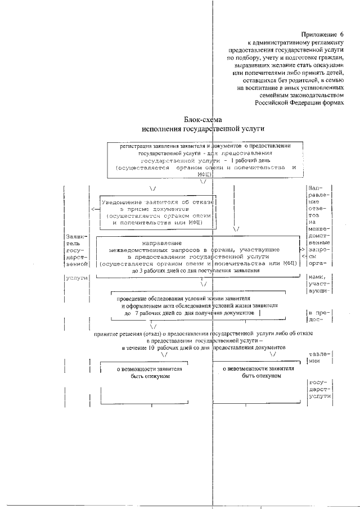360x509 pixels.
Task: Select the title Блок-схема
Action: click(x=203, y=119)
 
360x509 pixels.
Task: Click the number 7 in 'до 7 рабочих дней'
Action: click(x=143, y=312)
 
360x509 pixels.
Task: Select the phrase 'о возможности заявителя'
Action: click(x=146, y=369)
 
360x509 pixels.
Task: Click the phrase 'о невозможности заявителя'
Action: click(x=258, y=368)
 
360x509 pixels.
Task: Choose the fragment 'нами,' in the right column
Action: click(x=317, y=277)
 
